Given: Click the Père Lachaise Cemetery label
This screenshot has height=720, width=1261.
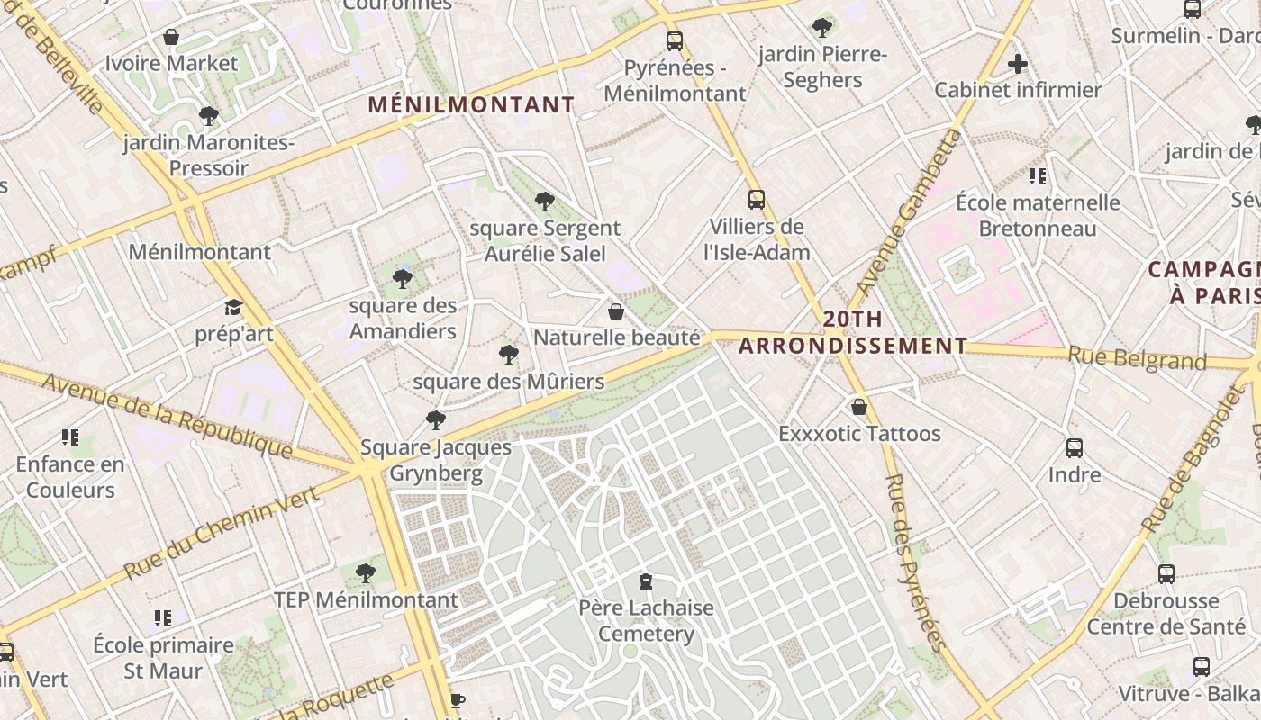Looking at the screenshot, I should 646,620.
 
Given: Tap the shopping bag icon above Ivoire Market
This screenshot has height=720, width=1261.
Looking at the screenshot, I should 170,38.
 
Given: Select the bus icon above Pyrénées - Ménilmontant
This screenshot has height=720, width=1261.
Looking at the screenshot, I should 674,40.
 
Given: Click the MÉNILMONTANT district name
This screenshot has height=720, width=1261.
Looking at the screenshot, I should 471,105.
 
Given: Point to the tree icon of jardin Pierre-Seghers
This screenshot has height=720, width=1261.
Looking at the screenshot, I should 821,27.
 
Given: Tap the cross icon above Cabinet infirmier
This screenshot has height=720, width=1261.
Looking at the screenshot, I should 1018,64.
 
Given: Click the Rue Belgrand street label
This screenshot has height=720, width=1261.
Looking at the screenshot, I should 1137,358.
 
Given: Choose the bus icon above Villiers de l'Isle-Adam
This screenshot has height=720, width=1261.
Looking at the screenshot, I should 757,200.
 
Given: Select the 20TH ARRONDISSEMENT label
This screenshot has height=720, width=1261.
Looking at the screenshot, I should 852,332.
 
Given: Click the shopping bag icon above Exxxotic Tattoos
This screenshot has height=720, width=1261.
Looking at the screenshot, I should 859,407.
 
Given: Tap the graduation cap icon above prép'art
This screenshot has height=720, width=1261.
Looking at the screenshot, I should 233,307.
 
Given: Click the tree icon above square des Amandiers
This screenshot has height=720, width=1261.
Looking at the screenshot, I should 403,279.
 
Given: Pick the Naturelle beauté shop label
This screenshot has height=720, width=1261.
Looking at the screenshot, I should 617,337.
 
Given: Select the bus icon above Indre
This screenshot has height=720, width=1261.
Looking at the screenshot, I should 1074,447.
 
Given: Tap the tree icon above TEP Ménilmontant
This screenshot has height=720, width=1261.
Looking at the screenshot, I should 365,572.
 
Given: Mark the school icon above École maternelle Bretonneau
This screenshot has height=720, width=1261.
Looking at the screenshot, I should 1037,175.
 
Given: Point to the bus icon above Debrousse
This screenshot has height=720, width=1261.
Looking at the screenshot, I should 1166,573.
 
